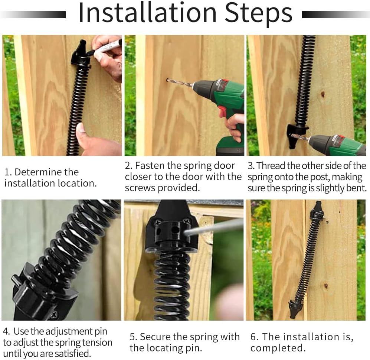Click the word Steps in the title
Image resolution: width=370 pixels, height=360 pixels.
pos(258,14)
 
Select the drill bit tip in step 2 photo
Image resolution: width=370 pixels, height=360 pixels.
pos(168,80)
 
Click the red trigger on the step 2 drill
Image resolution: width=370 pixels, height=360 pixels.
pos(222,111)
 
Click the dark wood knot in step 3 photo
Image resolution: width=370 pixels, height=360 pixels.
pos(322,94)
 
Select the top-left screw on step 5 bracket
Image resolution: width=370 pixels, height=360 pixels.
pos(158,222)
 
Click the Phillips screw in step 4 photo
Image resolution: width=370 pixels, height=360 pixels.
pos(53,315)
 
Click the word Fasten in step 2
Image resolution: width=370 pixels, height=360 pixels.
pos(149,166)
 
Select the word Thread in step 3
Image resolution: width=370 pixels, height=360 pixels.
pos(271,166)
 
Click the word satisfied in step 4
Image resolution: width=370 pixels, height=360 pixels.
pos(72,353)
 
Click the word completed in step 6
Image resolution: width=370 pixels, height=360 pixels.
pos(278,348)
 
